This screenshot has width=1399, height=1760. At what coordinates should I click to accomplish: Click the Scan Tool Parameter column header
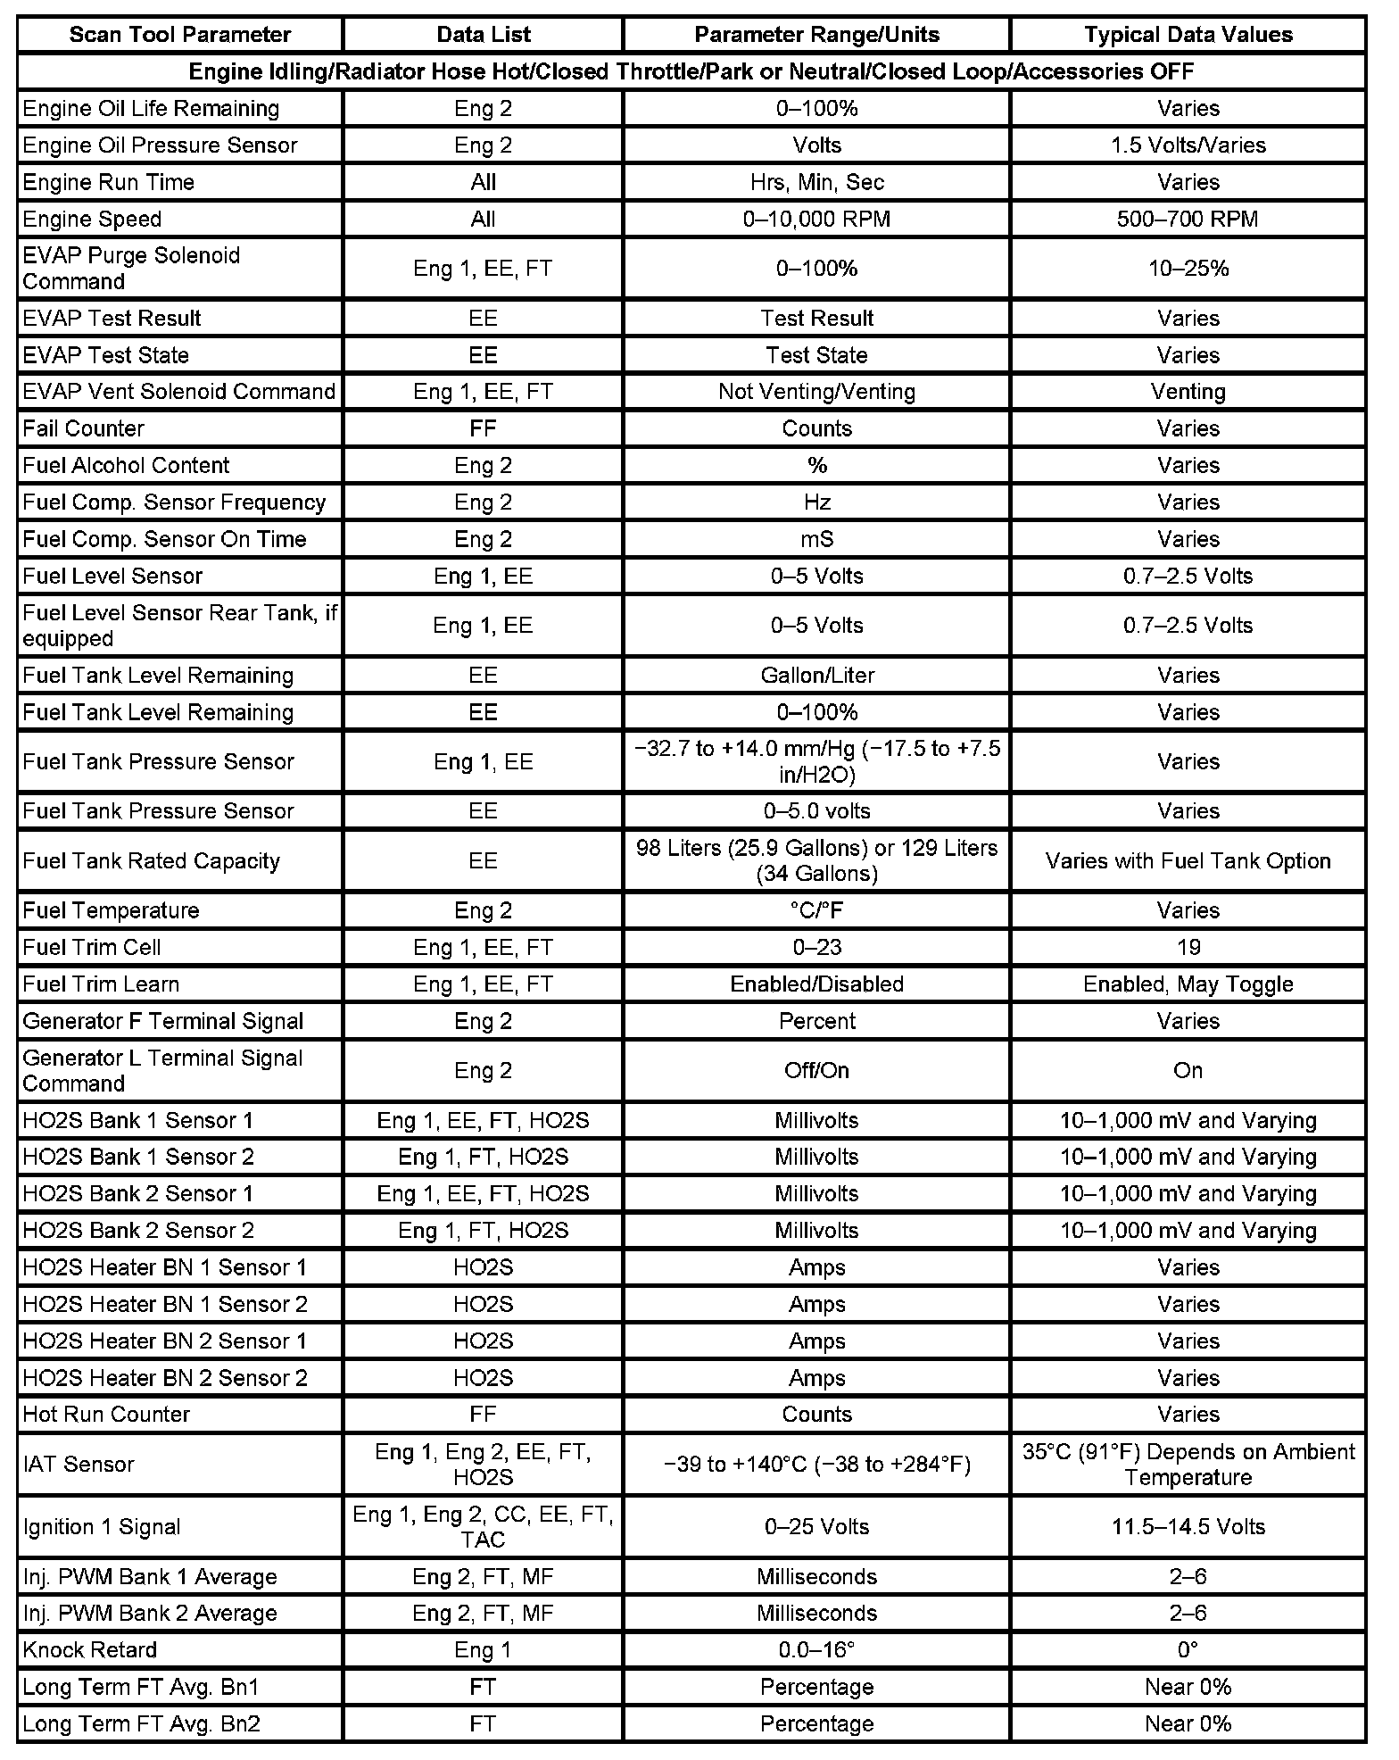(179, 35)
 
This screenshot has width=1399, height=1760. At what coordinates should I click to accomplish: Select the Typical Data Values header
(1188, 35)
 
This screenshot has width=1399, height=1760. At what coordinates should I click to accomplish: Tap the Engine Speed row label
(92, 219)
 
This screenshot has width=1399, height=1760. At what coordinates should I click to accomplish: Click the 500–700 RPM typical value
(1188, 219)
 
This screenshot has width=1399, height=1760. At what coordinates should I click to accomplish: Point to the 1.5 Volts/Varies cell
(1188, 145)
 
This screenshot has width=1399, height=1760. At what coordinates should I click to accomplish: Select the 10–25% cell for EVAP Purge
(1188, 268)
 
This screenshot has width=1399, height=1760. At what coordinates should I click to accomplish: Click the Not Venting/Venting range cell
(816, 391)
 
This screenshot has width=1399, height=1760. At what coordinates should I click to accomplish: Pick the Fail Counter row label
(83, 428)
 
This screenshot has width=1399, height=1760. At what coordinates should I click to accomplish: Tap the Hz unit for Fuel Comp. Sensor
(816, 502)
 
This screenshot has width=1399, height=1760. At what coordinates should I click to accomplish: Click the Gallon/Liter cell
(816, 675)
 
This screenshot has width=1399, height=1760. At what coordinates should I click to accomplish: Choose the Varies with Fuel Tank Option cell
(1188, 860)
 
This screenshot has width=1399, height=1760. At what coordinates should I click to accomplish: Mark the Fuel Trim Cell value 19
(1188, 947)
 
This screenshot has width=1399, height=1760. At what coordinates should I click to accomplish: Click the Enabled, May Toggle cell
(1188, 984)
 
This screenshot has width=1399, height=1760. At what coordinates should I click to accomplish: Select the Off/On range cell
(816, 1070)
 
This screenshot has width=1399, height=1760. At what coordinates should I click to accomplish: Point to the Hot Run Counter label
(106, 1414)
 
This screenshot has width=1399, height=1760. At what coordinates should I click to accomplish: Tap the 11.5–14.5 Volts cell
(1188, 1526)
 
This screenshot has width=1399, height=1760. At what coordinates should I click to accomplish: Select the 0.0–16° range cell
(816, 1649)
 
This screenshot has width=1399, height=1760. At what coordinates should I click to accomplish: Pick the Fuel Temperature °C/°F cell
(816, 910)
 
